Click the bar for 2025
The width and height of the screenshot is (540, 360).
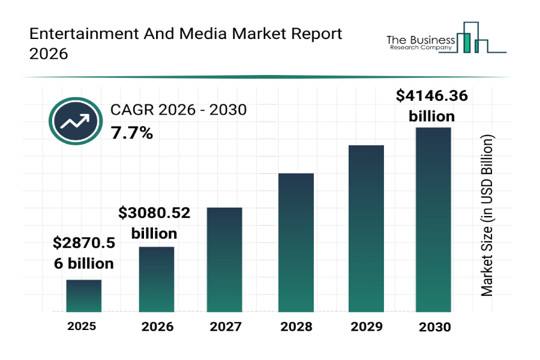83,296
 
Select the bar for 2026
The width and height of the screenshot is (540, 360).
157,279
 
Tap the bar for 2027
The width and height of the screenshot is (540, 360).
224,259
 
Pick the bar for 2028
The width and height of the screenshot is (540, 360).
296,242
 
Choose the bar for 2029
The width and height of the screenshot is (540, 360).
366,228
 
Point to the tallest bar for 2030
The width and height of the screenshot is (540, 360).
433,220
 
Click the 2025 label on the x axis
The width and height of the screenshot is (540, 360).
82,326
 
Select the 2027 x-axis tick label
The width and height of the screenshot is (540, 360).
226,327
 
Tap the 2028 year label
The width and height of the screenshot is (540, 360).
296,327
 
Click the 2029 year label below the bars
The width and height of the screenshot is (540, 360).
366,327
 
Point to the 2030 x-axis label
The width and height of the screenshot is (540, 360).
434,327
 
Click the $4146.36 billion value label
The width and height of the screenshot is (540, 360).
432,106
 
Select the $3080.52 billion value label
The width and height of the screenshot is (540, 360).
154,223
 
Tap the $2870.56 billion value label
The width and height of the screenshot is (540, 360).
83,253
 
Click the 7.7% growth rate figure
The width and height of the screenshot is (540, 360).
131,133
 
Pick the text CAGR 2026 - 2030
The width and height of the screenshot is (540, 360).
178,110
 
